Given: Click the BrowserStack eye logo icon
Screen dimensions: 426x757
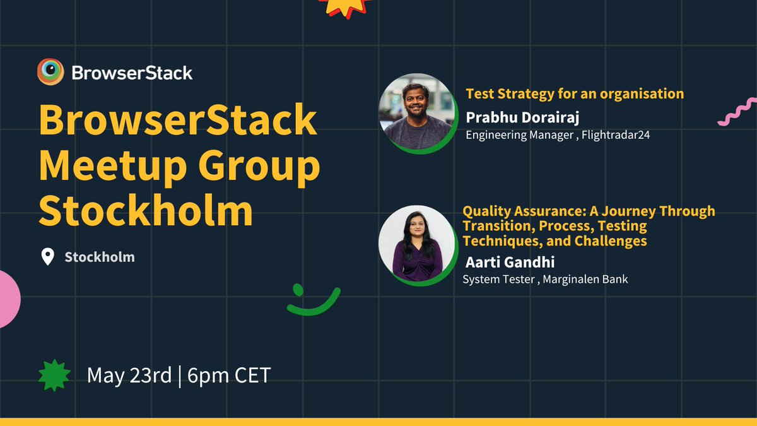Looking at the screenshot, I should [x=50, y=72].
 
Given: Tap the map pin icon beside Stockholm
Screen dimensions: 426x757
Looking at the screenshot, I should [x=47, y=257].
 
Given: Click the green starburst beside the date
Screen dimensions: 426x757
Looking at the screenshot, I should [x=54, y=376].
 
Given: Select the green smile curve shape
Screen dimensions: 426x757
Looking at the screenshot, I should [x=314, y=302].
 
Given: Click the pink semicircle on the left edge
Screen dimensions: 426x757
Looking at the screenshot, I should [x=9, y=299].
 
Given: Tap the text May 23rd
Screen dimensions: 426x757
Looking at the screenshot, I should [x=129, y=376].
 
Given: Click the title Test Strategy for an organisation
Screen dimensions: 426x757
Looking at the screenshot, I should [x=575, y=94].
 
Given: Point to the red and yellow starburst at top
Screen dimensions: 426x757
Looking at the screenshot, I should [x=343, y=6].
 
